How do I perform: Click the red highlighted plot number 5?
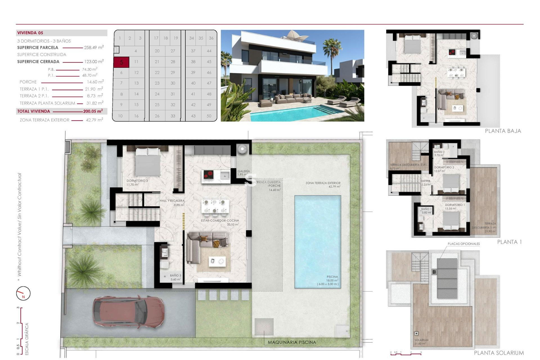[x=121, y=62]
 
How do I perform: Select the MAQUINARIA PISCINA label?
[x=292, y=342]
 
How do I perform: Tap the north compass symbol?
[x=23, y=293]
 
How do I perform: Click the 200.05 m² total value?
[x=93, y=111]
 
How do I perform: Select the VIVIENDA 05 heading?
[x=30, y=33]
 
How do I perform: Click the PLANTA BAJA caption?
[x=503, y=131]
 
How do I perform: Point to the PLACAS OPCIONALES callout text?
[x=463, y=244]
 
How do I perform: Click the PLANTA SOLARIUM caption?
[x=499, y=353]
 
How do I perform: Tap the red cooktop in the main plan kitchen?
[x=208, y=175]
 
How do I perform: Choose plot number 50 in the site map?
[x=209, y=116]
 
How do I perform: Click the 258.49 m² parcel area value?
[x=94, y=48]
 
